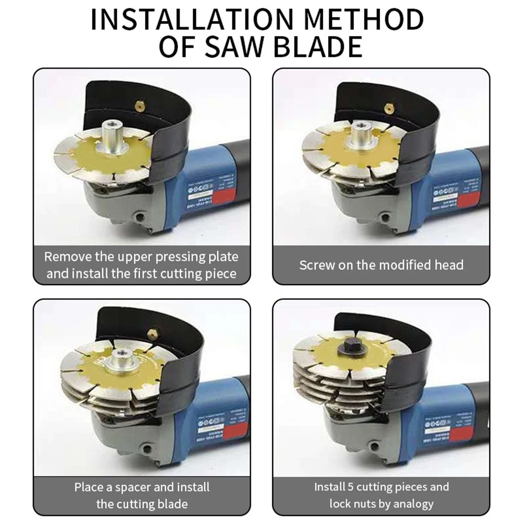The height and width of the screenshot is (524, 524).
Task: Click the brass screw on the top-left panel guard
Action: (140, 106)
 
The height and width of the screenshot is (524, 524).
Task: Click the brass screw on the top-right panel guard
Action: (388, 108)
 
